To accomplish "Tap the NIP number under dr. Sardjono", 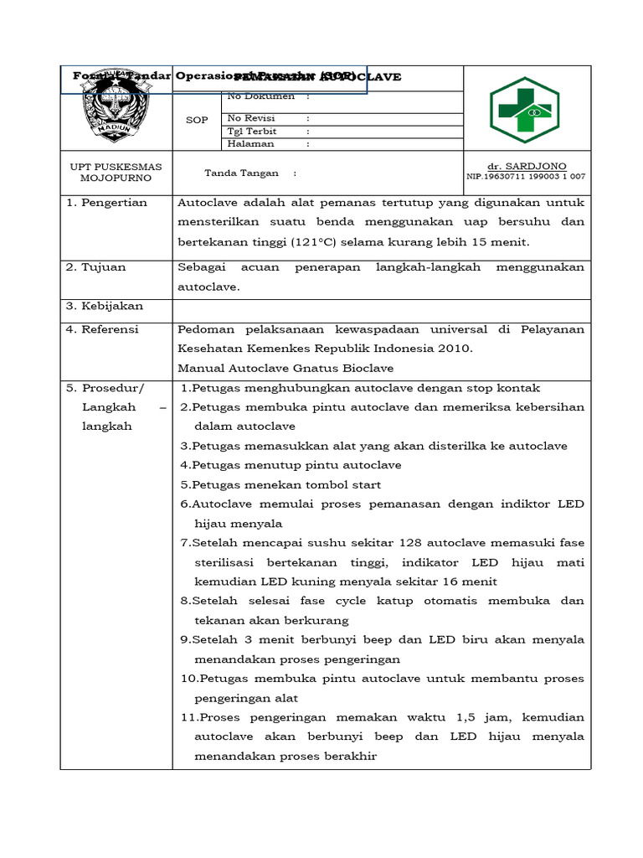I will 526,177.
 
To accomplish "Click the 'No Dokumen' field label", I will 260,96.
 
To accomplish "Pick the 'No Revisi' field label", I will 253,119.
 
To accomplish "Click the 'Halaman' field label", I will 249,144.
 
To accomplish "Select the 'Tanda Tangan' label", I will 239,173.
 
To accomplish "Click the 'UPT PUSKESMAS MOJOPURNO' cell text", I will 116,173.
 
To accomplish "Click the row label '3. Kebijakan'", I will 105,307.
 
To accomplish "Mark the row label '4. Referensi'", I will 105,329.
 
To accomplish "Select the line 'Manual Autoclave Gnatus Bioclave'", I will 285,368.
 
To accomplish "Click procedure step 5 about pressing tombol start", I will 281,485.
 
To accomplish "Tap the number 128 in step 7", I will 415,543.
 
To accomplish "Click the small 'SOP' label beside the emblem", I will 196,121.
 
